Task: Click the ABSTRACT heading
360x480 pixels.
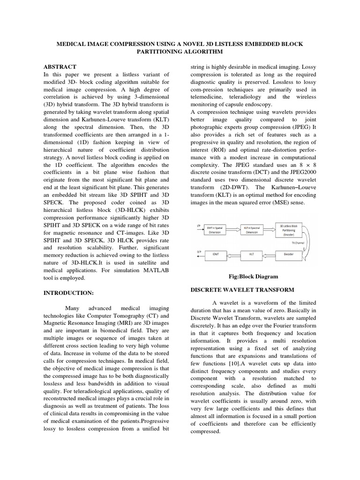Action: click(60, 67)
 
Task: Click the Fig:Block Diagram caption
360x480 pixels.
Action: click(253, 277)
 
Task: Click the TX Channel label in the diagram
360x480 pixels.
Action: click(298, 243)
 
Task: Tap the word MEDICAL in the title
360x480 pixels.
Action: click(75, 44)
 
